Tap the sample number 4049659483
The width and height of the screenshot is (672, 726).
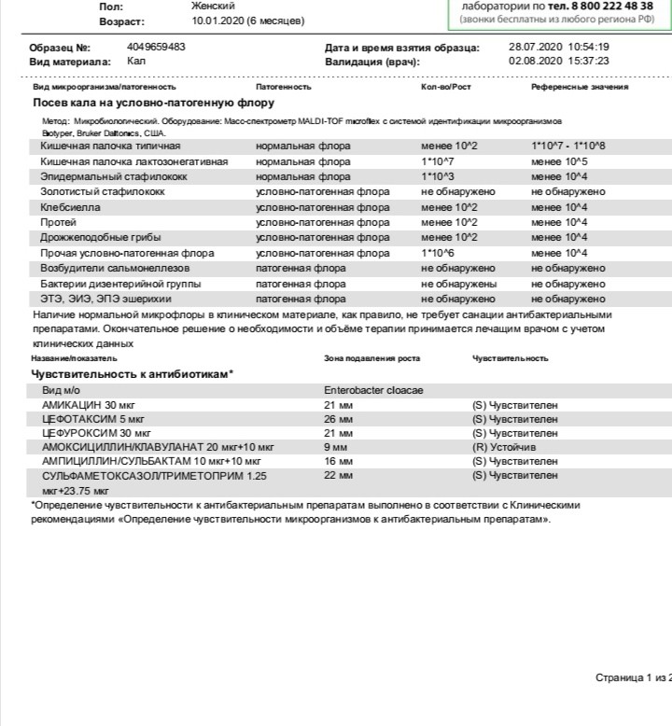pyautogui.click(x=156, y=47)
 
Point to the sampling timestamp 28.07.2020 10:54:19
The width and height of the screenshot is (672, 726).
pyautogui.click(x=558, y=47)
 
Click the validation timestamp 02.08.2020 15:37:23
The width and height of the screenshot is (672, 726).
pyautogui.click(x=558, y=61)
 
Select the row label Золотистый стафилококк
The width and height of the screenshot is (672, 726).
pyautogui.click(x=103, y=191)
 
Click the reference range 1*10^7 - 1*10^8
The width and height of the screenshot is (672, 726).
pyautogui.click(x=567, y=147)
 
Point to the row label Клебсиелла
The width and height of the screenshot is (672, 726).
pyautogui.click(x=71, y=207)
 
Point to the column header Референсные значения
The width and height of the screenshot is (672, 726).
pyautogui.click(x=580, y=87)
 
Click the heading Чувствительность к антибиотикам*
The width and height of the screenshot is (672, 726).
pyautogui.click(x=132, y=374)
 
